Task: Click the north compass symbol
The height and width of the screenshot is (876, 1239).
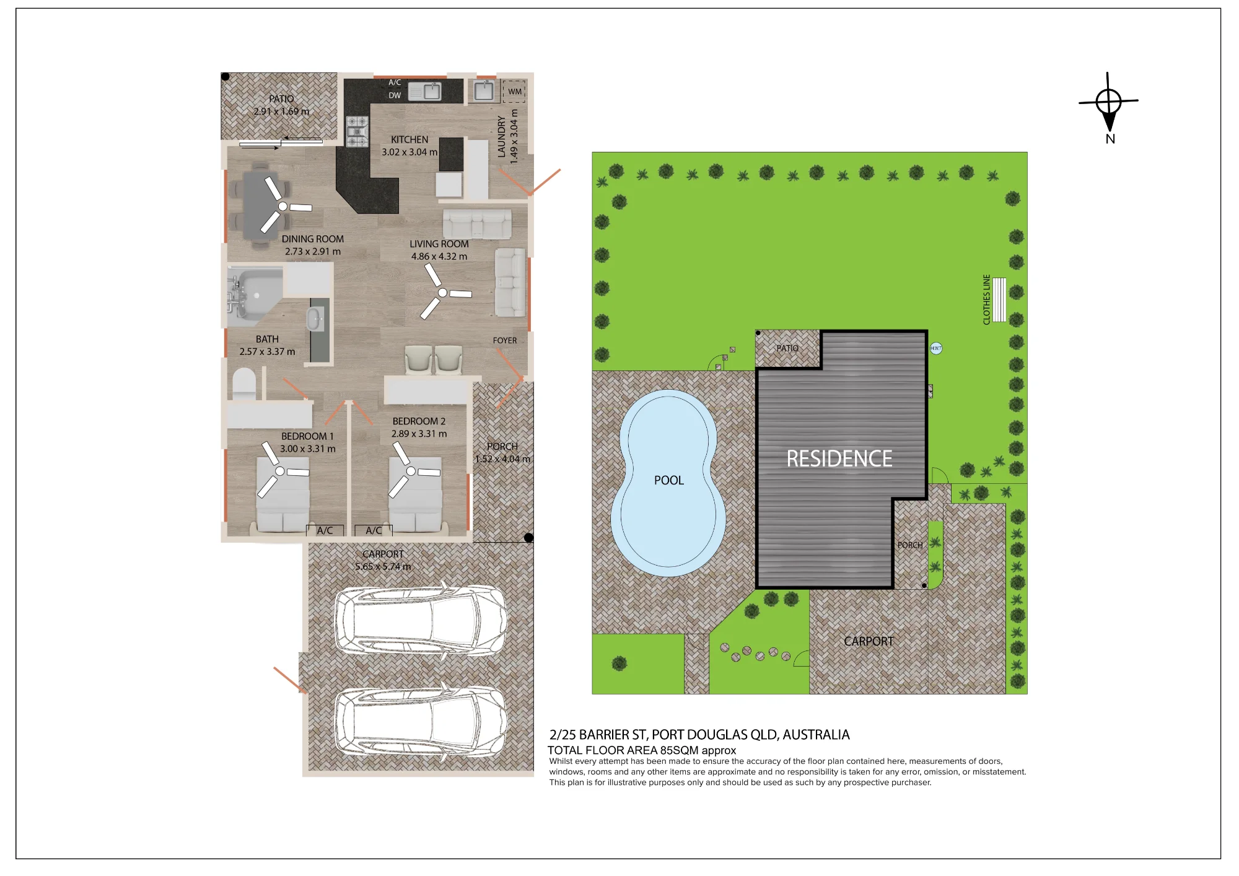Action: pyautogui.click(x=1108, y=102)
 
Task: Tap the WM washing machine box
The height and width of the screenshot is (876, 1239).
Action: pyautogui.click(x=514, y=91)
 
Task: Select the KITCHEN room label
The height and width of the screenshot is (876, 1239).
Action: pyautogui.click(x=409, y=140)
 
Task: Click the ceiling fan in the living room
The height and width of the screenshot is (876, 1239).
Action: pyautogui.click(x=442, y=292)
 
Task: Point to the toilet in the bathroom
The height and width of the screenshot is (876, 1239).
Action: pyautogui.click(x=244, y=384)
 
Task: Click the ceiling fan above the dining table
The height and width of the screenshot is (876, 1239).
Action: pyautogui.click(x=282, y=206)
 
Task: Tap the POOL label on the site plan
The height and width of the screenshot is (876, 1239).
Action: pyautogui.click(x=669, y=480)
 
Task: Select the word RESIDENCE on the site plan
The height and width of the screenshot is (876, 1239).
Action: pyautogui.click(x=839, y=458)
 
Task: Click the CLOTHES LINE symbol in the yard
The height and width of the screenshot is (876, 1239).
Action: pyautogui.click(x=999, y=300)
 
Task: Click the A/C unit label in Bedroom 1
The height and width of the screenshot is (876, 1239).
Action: pyautogui.click(x=325, y=530)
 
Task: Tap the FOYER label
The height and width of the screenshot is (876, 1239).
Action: pyautogui.click(x=505, y=340)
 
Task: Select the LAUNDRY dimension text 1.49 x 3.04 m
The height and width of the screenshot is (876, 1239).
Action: pyautogui.click(x=514, y=136)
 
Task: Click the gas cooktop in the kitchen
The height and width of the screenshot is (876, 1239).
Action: pyautogui.click(x=357, y=131)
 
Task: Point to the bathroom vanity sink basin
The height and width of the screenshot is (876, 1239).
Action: pyautogui.click(x=315, y=319)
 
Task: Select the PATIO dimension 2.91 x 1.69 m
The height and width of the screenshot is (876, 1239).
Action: pyautogui.click(x=281, y=112)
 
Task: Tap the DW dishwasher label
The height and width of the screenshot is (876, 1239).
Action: pyautogui.click(x=395, y=95)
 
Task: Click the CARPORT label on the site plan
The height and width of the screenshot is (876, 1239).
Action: pyautogui.click(x=869, y=641)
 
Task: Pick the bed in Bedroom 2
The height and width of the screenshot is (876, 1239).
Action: pyautogui.click(x=415, y=494)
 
